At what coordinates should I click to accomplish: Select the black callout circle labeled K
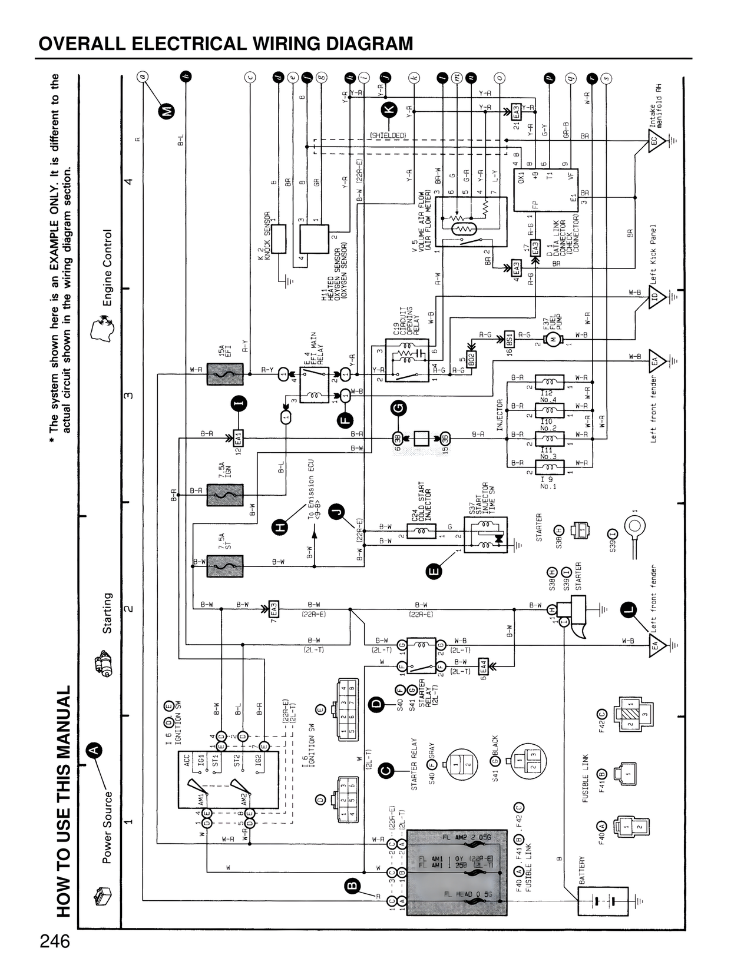click(x=389, y=109)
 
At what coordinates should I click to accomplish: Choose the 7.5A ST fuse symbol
click(x=224, y=563)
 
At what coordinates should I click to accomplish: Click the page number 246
click(x=55, y=941)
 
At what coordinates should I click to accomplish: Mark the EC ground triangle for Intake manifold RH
click(x=656, y=141)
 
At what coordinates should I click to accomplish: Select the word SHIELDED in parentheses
click(x=388, y=135)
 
